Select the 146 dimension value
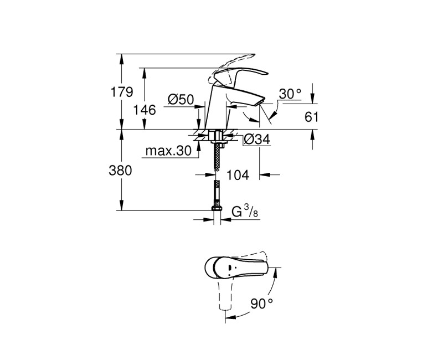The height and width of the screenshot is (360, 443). [x=145, y=110]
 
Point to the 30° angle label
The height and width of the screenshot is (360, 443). [x=290, y=94]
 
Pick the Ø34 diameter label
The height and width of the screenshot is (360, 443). [x=256, y=140]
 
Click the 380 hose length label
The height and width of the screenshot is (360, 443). [x=122, y=171]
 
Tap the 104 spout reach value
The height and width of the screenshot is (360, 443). [x=239, y=175]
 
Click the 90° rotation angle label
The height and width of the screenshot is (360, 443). [x=262, y=304]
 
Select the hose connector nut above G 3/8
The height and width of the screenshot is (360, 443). [x=217, y=209]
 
